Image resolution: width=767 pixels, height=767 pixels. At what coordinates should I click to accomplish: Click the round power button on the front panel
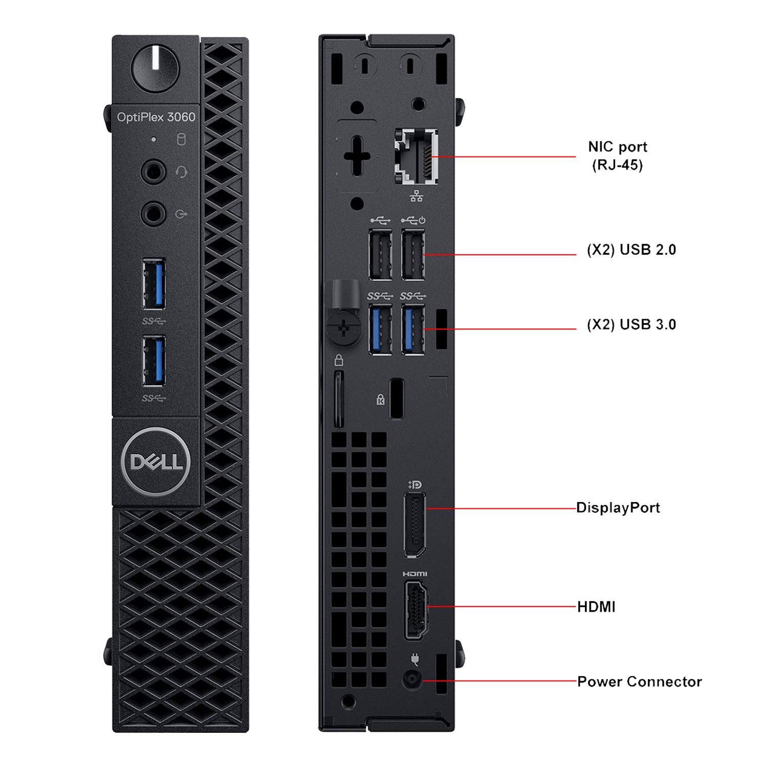pos(155,69)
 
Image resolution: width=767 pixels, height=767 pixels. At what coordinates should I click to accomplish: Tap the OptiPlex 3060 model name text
pos(156,117)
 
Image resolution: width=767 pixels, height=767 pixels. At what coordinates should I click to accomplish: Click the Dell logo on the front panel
pos(156,462)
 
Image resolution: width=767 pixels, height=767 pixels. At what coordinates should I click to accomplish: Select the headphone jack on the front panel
pos(153,172)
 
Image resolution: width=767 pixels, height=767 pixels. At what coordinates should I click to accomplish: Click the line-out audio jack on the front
pos(153,214)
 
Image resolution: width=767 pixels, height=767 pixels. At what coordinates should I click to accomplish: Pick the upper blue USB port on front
pos(154,284)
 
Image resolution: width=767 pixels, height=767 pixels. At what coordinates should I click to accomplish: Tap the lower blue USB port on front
pos(154,361)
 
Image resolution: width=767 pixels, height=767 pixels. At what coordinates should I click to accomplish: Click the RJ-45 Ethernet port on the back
pos(416,156)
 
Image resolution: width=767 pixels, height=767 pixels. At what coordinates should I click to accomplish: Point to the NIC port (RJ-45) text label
pos(617,155)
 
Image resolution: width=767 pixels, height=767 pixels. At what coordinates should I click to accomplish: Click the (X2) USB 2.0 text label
pos(631,250)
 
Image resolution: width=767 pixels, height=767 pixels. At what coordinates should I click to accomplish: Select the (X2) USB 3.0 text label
pos(631,325)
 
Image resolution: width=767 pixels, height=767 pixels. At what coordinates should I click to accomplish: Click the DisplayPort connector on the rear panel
pos(415,525)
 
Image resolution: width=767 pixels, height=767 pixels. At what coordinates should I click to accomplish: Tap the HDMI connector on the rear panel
pos(416,611)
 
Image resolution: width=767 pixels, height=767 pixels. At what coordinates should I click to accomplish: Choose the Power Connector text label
pos(639,682)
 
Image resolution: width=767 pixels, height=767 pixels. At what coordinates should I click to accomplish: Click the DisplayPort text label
pos(618,508)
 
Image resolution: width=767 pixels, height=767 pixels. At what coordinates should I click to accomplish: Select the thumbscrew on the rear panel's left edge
pos(343,327)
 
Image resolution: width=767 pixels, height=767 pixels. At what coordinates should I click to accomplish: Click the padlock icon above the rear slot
pos(339,360)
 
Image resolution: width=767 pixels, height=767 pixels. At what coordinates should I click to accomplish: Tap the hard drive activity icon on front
pos(181,140)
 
